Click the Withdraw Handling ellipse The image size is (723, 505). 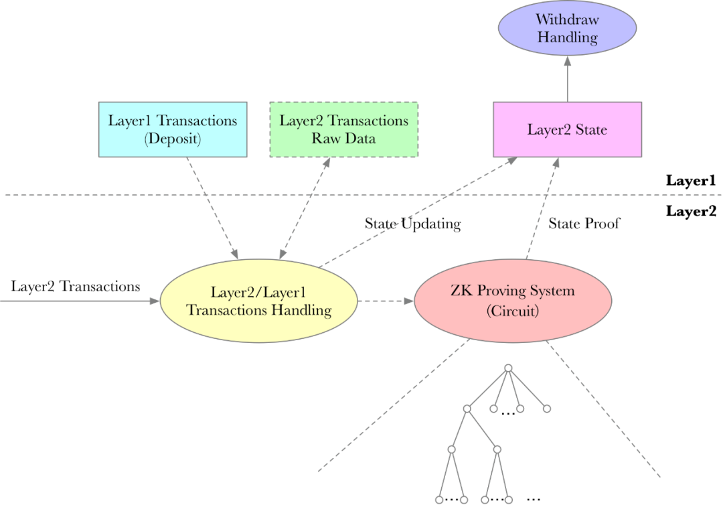(x=567, y=28)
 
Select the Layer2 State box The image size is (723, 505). (x=567, y=129)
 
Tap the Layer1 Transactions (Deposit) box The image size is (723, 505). (x=173, y=129)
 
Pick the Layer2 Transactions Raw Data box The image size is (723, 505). (x=343, y=129)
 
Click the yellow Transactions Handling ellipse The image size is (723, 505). (x=258, y=301)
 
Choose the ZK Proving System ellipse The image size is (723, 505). (x=513, y=301)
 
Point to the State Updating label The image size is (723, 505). (x=412, y=224)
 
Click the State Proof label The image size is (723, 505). (x=584, y=224)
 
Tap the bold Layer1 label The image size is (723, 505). (x=691, y=180)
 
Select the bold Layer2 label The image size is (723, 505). (x=691, y=211)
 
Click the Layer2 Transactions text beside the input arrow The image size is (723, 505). (x=76, y=287)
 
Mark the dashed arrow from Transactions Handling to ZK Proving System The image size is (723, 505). (x=386, y=301)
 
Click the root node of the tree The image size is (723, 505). (x=508, y=368)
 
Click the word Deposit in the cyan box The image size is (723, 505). (x=173, y=139)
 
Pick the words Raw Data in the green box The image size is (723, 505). (x=343, y=139)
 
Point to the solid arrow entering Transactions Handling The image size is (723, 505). (x=80, y=301)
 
